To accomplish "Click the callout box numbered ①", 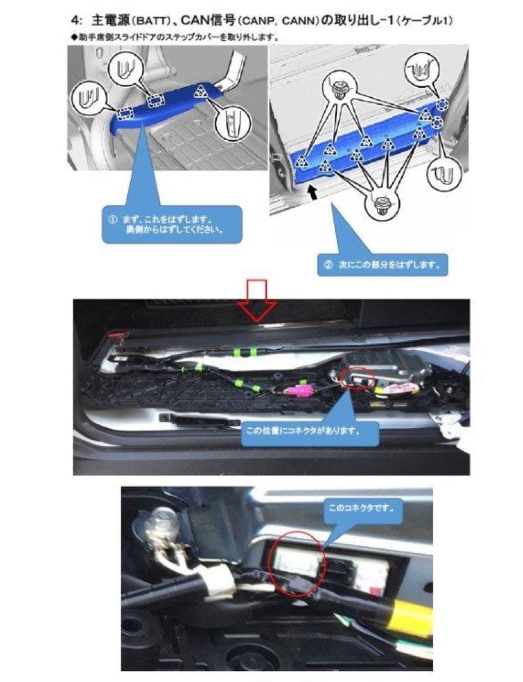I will coord(171,224).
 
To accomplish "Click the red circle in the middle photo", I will coord(359,377).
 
